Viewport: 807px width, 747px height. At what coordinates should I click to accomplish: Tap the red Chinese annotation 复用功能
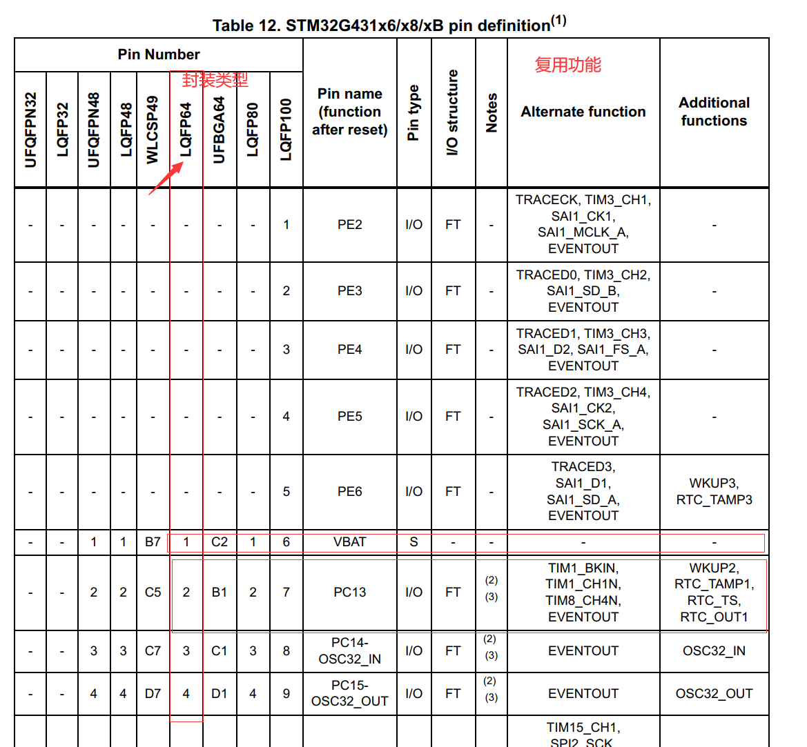point(567,65)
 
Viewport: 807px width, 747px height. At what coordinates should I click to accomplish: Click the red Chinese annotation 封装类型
point(215,80)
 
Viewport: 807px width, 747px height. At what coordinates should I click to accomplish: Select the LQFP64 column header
point(186,130)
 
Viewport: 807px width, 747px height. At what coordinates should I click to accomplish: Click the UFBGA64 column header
point(220,130)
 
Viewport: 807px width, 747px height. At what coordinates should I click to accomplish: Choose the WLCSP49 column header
point(153,130)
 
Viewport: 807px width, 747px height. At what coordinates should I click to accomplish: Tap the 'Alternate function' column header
point(583,112)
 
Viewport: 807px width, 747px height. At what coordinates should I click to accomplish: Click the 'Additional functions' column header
point(714,112)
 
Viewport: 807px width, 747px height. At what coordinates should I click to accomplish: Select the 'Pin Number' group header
point(158,54)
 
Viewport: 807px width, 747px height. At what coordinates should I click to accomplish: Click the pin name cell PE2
point(349,225)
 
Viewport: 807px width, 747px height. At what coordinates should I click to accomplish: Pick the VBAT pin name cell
point(349,542)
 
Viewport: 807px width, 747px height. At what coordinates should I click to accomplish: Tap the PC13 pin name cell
point(349,592)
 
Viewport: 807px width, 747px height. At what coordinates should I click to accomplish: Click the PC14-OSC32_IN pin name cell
point(349,651)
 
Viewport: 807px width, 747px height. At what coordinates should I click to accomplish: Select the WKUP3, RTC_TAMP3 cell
point(714,492)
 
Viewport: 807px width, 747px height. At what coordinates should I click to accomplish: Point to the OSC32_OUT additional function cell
point(714,694)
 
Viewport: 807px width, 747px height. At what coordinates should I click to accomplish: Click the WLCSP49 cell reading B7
point(153,542)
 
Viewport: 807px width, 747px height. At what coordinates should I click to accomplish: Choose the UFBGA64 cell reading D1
point(220,694)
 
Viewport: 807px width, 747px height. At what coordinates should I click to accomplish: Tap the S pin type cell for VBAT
point(414,542)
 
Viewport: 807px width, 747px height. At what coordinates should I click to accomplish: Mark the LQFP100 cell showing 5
point(286,492)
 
